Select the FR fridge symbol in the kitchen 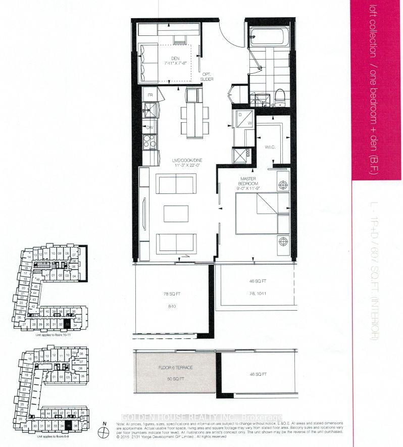point(149,95)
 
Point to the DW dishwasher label point(149,127)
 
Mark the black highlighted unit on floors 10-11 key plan point(68,324)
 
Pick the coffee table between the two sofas point(176,214)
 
